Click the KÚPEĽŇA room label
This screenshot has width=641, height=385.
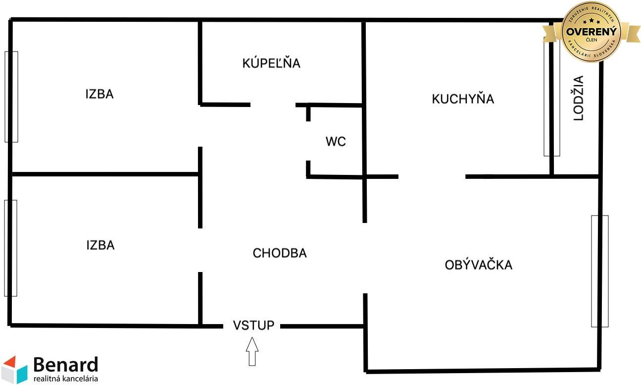coord(271,63)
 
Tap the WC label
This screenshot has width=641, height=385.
coord(336,142)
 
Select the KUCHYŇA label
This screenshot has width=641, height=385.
coord(463,99)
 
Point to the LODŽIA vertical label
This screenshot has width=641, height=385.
coord(579,98)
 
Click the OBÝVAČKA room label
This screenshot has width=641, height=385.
coord(478,265)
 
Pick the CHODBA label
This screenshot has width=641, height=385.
coord(280,253)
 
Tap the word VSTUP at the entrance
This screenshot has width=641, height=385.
coord(253,326)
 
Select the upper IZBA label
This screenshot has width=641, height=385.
coord(99,94)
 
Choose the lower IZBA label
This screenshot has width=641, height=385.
coord(100,245)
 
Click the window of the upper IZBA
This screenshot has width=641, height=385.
coord(11,97)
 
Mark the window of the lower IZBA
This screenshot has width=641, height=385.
coord(10,248)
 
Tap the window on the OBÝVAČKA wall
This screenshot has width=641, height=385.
coord(599,271)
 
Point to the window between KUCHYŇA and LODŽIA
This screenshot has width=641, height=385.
coord(551,99)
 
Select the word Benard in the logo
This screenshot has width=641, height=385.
coord(65,365)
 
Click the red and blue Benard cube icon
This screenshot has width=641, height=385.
coord(14,370)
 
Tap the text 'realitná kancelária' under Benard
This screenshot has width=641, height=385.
coord(65,379)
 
